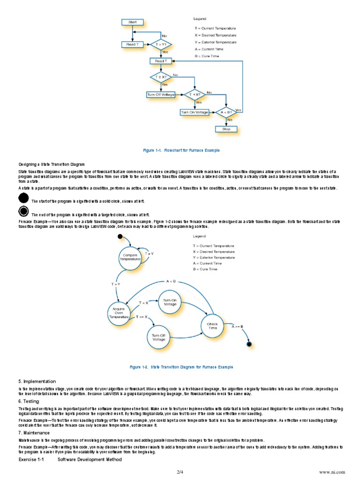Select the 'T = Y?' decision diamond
click(160, 45)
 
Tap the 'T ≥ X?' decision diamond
click(161, 76)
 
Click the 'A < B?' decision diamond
click(226, 112)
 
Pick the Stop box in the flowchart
click(226, 128)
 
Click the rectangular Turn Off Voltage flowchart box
click(161, 95)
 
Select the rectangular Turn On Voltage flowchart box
click(194, 112)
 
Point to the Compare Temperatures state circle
click(130, 257)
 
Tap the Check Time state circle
click(212, 326)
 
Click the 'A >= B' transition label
click(238, 326)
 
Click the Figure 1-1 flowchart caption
click(181, 150)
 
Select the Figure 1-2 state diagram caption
click(181, 367)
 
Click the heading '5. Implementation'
click(37, 382)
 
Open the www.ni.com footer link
click(332, 471)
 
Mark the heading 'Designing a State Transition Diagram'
click(52, 165)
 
